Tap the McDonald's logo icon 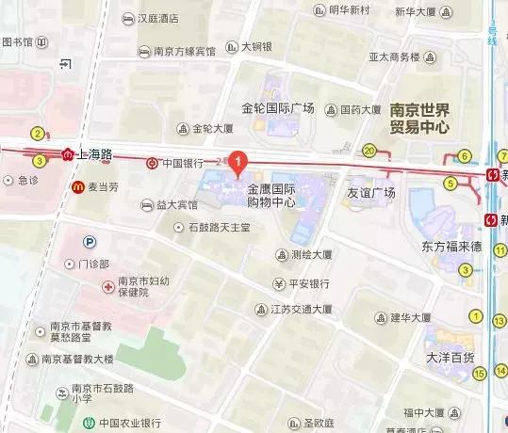click(78, 187)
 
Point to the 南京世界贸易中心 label click(419, 118)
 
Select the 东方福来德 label click(451, 247)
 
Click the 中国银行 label click(182, 163)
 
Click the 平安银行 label click(308, 283)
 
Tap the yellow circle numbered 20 click(369, 151)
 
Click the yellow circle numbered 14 click(478, 374)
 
